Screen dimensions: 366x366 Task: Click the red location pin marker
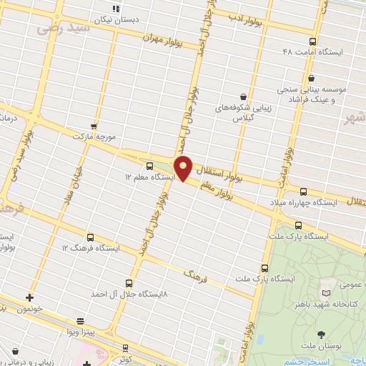pyautogui.click(x=184, y=167)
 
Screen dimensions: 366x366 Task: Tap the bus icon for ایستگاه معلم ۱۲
pyautogui.click(x=149, y=167)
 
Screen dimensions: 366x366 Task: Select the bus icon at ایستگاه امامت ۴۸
pyautogui.click(x=311, y=41)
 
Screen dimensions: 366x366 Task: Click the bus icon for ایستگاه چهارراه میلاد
pyautogui.click(x=303, y=192)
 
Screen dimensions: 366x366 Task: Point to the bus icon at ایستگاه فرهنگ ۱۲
pyautogui.click(x=91, y=237)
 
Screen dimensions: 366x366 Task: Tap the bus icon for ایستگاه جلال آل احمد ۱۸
pyautogui.click(x=129, y=283)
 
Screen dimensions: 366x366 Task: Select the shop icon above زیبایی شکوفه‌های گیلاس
pyautogui.click(x=244, y=97)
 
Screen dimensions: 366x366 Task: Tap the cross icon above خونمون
pyautogui.click(x=29, y=297)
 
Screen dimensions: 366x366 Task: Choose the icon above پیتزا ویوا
pyautogui.click(x=80, y=322)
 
